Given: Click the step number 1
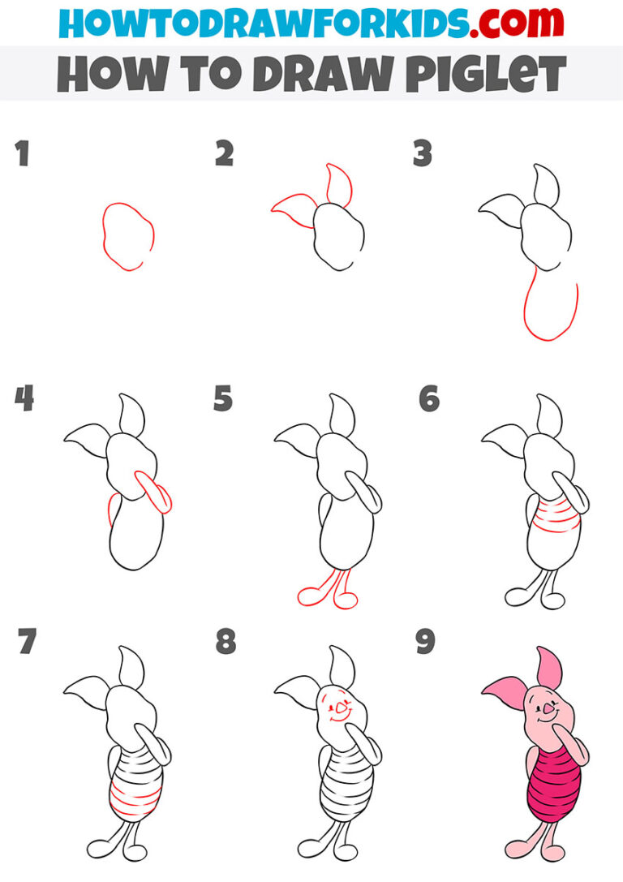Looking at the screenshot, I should click(23, 153).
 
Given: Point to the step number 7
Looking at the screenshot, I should click(27, 643).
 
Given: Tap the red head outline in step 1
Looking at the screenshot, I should click(128, 236).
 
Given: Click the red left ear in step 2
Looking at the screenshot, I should click(294, 208).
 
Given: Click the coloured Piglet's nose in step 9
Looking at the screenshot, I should click(548, 708).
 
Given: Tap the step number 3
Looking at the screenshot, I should click(422, 153).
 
